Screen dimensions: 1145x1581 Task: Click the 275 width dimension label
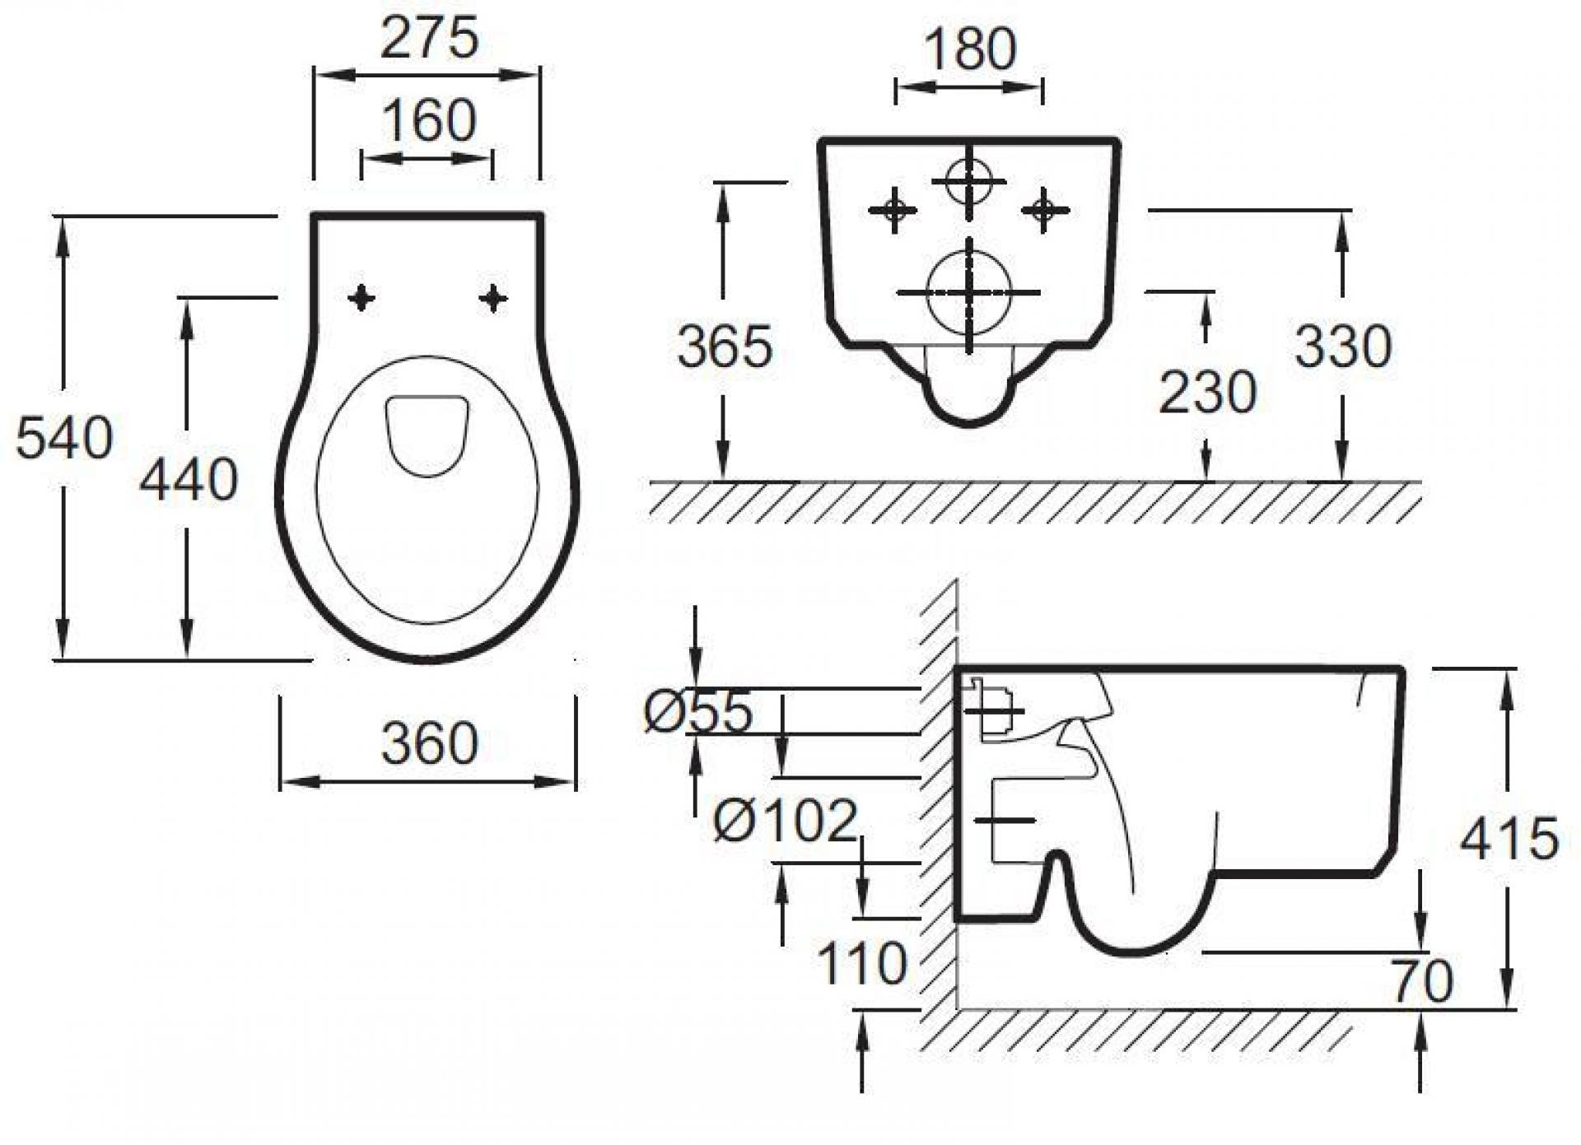tap(429, 38)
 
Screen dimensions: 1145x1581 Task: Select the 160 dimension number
tap(428, 120)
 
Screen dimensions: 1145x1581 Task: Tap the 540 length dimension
tap(64, 438)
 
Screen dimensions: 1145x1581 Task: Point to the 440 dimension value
tap(189, 479)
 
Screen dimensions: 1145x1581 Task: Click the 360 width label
tap(429, 743)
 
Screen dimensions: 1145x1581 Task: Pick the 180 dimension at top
tap(970, 49)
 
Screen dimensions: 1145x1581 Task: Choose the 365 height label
tap(725, 347)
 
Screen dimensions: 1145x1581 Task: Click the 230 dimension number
tap(1207, 392)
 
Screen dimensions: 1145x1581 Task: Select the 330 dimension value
tap(1343, 346)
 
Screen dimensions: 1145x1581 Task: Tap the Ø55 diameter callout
tap(698, 712)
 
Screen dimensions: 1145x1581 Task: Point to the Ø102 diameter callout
tap(786, 821)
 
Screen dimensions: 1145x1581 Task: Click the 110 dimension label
tap(861, 963)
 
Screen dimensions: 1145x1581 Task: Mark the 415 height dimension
tap(1509, 839)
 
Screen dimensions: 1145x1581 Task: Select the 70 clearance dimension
tap(1422, 981)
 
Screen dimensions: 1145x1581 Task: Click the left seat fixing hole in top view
tap(361, 298)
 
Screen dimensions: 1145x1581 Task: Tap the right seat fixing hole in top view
tap(492, 298)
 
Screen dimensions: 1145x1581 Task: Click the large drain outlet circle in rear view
tap(968, 292)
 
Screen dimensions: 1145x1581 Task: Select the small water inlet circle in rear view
tap(968, 181)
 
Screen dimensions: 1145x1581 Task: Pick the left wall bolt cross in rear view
tap(893, 210)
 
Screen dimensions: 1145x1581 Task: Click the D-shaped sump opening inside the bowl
tap(427, 435)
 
